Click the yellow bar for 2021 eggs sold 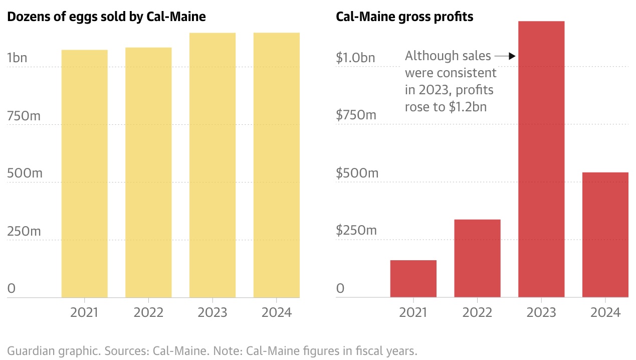click(84, 173)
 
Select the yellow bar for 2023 click(213, 165)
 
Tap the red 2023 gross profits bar click(541, 159)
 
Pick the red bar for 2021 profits click(413, 279)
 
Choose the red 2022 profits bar click(477, 258)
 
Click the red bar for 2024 click(605, 235)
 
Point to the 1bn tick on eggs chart click(18, 58)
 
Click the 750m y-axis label click(24, 116)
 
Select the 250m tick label click(24, 231)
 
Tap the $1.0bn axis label click(355, 58)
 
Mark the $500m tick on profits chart click(357, 173)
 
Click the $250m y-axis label click(356, 231)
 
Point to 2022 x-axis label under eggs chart click(148, 312)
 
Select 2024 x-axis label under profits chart click(605, 312)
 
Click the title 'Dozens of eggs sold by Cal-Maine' click(106, 17)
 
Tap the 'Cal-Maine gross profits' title click(404, 17)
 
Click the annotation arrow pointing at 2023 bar click(505, 56)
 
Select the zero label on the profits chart click(341, 289)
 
